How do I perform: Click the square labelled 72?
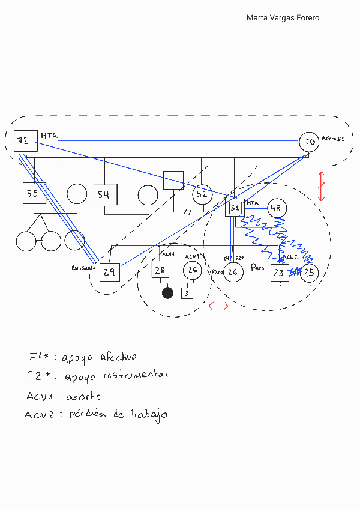[23, 141]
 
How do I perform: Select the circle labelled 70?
[309, 142]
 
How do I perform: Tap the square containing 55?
[34, 193]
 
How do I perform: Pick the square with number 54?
[104, 194]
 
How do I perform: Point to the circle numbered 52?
[202, 194]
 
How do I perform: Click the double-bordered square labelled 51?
[235, 208]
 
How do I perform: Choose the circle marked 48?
[277, 208]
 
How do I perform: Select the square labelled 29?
[110, 272]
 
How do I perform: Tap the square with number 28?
[161, 271]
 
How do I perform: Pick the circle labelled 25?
[309, 273]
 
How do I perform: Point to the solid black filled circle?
[168, 293]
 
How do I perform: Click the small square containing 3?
[187, 293]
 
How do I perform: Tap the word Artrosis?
[333, 139]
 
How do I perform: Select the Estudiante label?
[83, 268]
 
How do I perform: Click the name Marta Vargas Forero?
[283, 18]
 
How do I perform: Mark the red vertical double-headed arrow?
[322, 186]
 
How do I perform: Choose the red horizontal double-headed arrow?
[218, 307]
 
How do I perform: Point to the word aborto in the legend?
[83, 397]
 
